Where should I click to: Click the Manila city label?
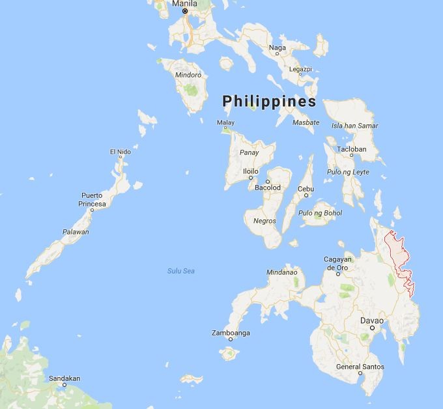184,3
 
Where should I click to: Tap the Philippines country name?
269,102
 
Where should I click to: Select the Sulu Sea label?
181,271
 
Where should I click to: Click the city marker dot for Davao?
373,328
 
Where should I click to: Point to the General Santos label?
358,366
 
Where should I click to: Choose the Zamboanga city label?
231,333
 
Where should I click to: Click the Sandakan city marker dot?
64,385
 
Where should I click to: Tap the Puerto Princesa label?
92,199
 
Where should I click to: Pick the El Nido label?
120,152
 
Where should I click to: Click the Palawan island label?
76,232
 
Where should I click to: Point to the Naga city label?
278,48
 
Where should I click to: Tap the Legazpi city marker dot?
300,74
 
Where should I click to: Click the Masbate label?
306,122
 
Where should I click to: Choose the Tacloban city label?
352,149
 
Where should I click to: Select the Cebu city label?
306,189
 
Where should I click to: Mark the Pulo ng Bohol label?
320,213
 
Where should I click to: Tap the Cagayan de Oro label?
338,263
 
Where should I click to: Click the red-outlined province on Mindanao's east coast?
399,261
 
